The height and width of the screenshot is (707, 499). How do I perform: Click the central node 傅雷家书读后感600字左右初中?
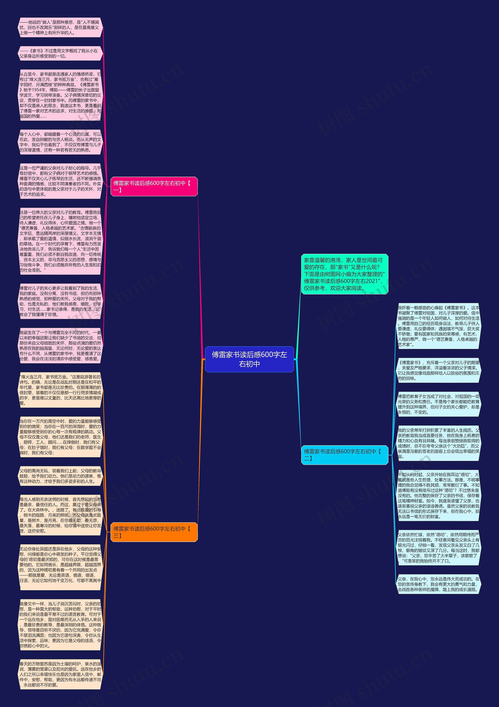pos(249,359)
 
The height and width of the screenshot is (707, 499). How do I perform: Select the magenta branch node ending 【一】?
pos(154,186)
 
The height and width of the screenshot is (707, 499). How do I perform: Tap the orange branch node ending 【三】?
pos(154,532)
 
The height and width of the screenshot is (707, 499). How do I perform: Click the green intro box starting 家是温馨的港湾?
pos(344,274)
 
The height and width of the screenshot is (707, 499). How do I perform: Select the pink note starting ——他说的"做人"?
pos(60,27)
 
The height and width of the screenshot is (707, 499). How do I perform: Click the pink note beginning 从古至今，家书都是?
pos(60,95)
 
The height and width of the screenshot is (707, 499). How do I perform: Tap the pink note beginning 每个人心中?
pos(60,142)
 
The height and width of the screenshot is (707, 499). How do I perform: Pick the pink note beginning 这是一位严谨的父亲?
pos(60,181)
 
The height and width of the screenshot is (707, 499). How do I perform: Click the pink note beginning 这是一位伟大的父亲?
pos(60,241)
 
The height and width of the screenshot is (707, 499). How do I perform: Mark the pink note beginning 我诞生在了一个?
pos(60,345)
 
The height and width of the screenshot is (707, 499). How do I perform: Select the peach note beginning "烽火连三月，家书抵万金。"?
pos(60,390)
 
